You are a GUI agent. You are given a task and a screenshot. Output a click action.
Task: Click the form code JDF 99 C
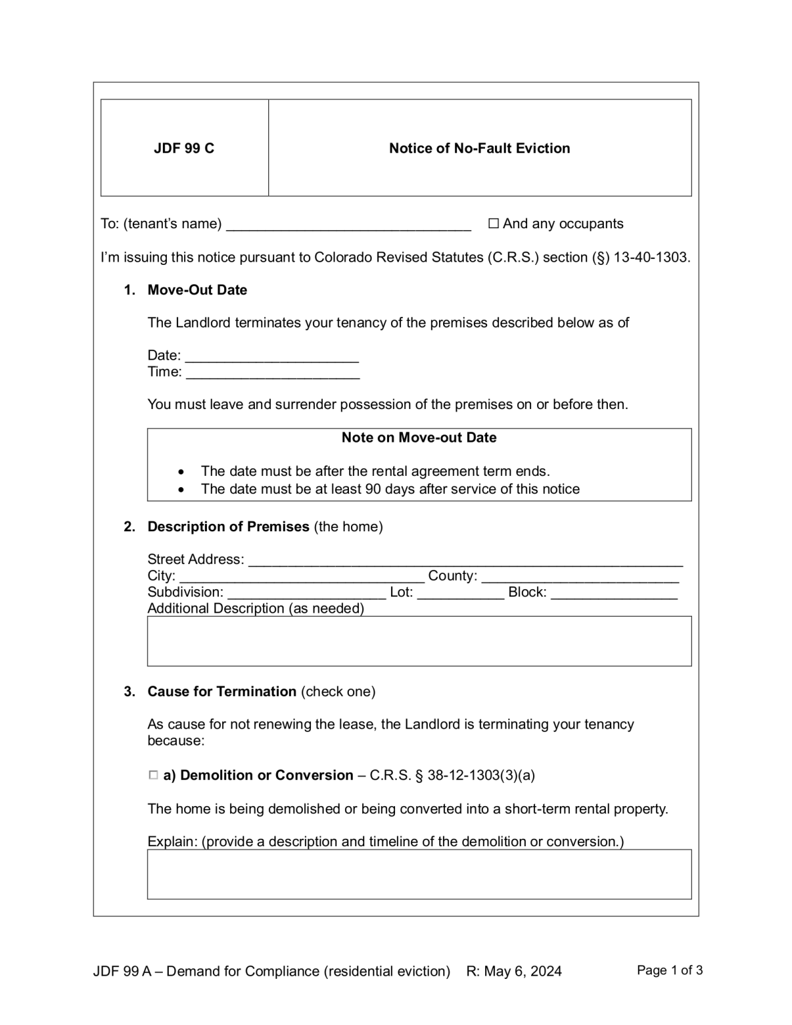point(184,148)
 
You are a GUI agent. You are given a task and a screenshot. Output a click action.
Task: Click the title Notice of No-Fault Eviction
point(479,148)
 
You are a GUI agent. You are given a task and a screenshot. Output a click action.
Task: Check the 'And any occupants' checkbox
point(493,224)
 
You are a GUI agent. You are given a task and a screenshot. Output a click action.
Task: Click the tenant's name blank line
point(348,225)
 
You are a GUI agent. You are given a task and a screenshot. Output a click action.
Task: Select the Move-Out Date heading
point(197,290)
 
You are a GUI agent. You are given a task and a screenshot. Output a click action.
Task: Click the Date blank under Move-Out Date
point(272,356)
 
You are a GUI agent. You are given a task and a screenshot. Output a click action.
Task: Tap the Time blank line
point(272,373)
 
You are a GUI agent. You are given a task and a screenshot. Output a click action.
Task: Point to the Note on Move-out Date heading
point(418,438)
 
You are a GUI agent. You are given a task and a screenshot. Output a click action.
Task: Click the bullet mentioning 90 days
point(390,489)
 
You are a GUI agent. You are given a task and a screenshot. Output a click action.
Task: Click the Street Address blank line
point(465,561)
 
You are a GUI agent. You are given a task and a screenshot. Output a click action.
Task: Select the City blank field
point(302,577)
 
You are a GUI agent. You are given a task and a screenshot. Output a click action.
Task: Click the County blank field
point(579,577)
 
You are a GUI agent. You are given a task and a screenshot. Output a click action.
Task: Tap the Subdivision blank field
point(306,593)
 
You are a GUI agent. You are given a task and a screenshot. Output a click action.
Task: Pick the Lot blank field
point(460,593)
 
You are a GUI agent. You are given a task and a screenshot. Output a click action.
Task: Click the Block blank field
point(614,593)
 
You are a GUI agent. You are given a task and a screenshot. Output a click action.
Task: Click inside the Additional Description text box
point(419,641)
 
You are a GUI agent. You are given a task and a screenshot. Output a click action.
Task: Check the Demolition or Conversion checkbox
point(153,775)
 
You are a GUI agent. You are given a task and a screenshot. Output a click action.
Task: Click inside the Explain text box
point(419,874)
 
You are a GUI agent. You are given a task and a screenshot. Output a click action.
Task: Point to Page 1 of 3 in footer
point(669,970)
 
